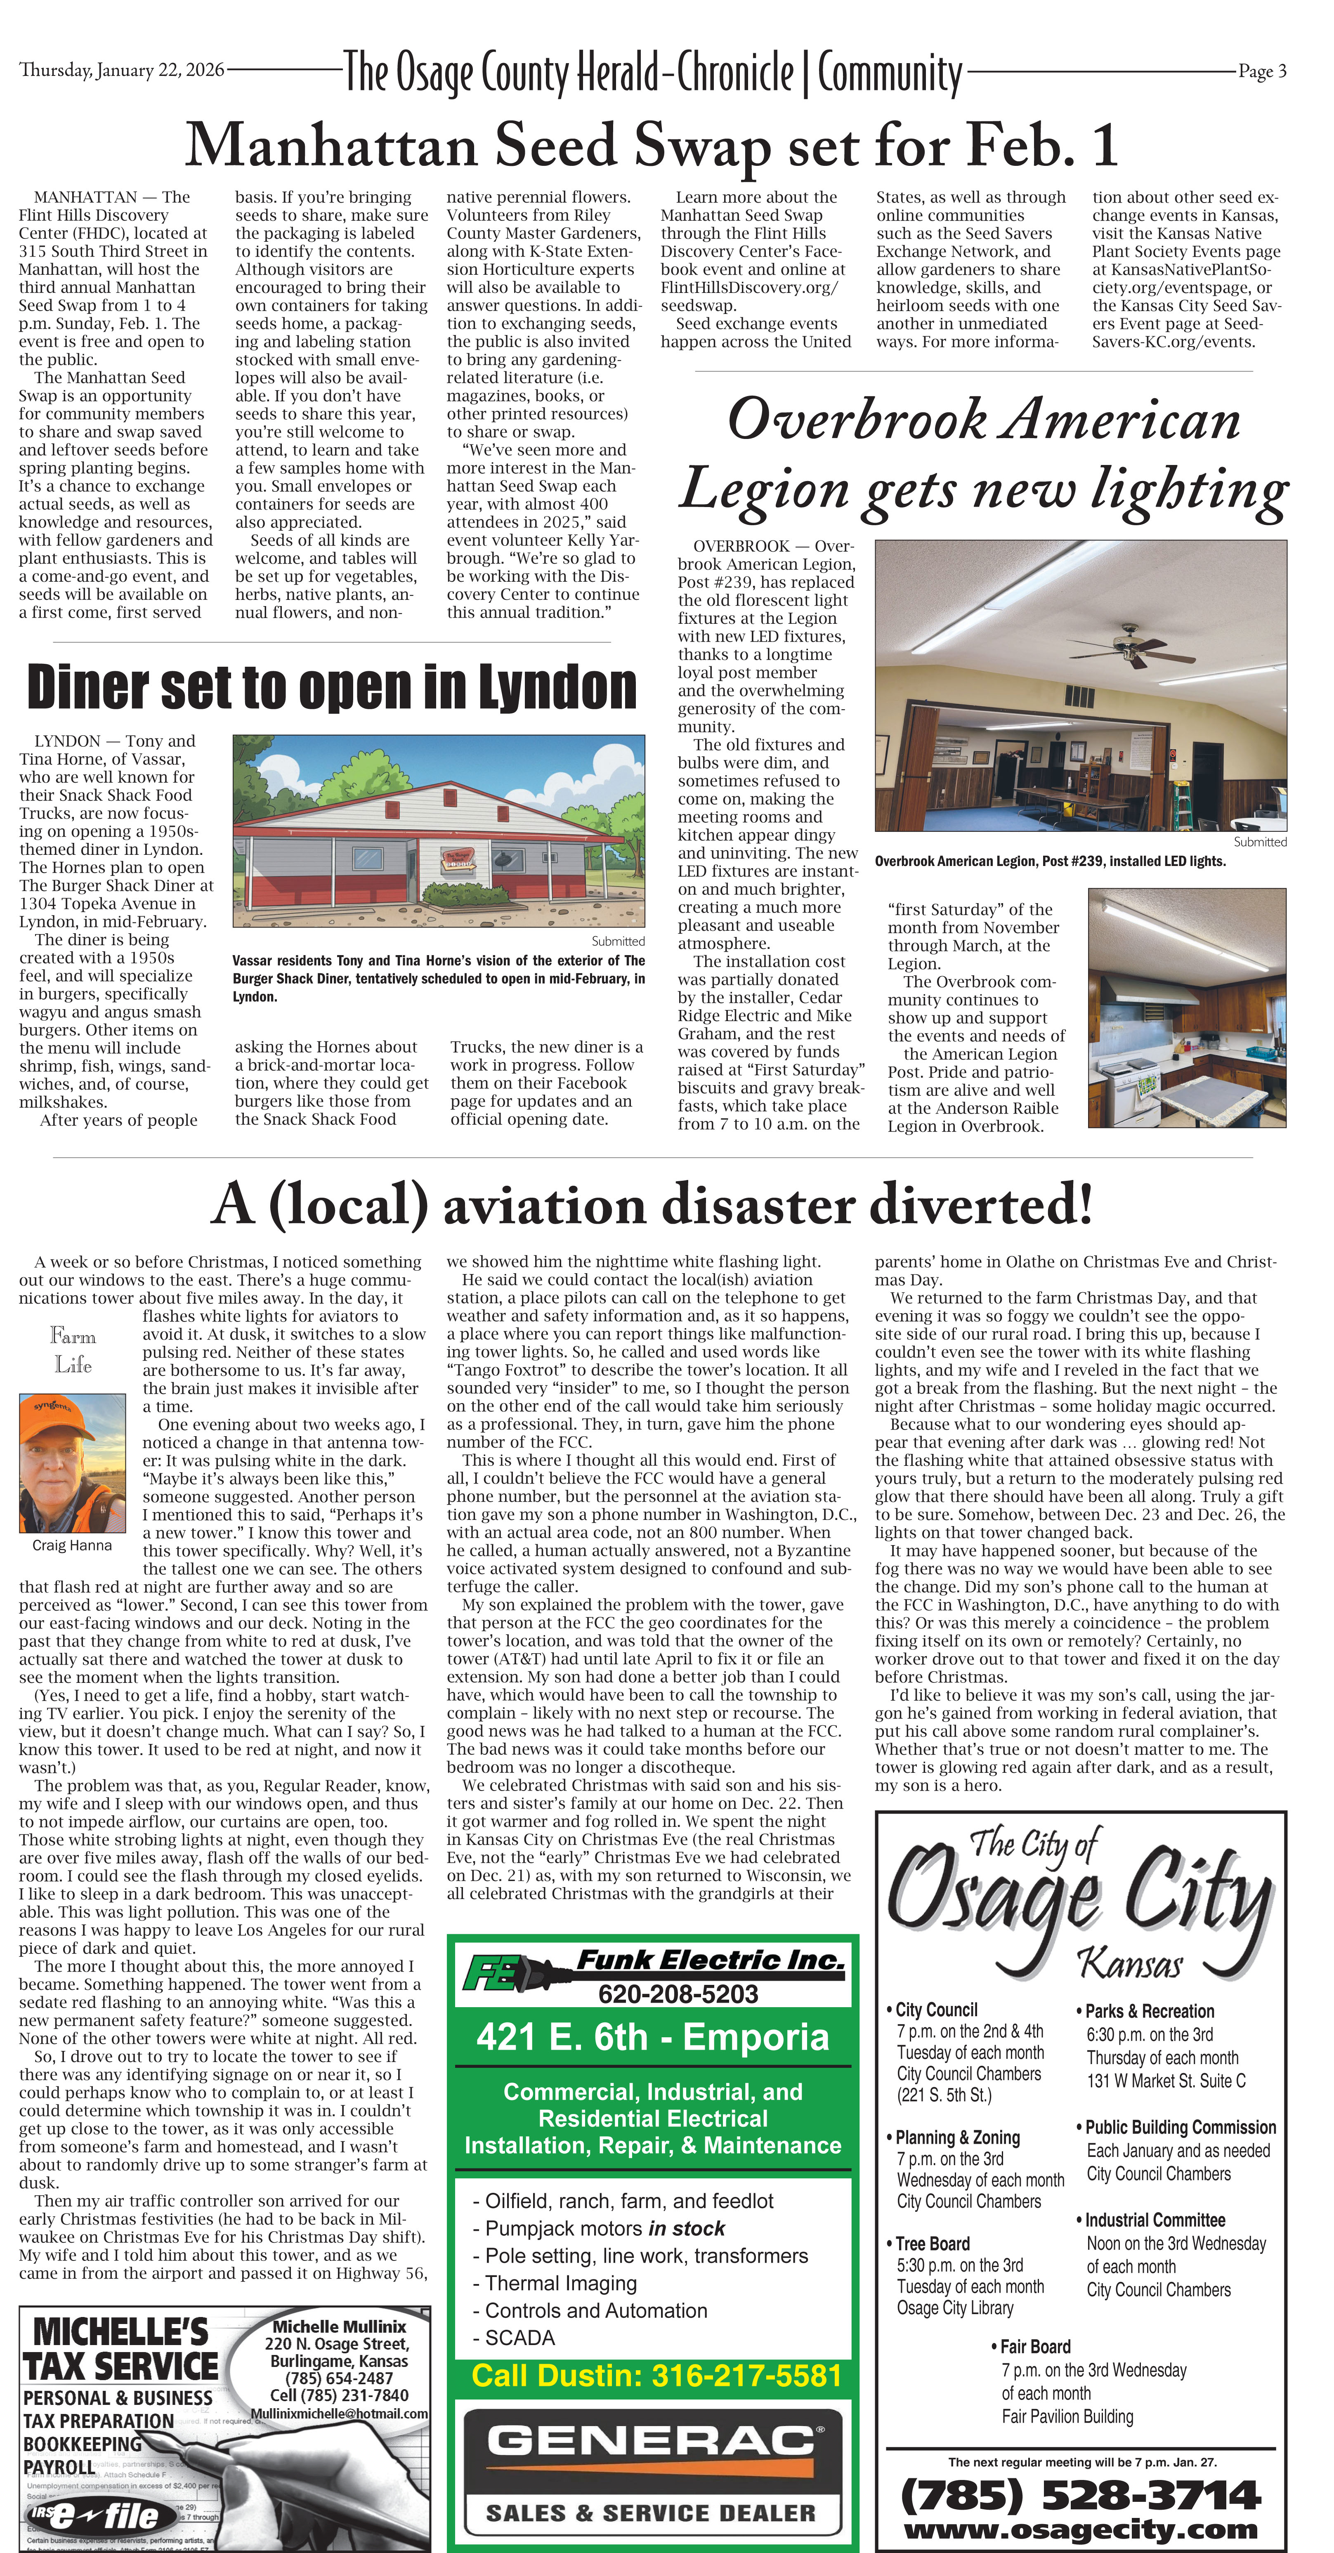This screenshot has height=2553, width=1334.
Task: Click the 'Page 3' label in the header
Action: (1262, 71)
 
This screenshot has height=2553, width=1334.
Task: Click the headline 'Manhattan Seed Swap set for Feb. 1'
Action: (651, 146)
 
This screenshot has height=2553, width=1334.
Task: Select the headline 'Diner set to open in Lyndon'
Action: (331, 687)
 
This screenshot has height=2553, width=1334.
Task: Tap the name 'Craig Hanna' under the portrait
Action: (72, 1545)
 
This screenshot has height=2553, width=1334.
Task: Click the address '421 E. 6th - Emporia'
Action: (652, 2036)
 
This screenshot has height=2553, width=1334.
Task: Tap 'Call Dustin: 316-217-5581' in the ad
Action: (656, 2375)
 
